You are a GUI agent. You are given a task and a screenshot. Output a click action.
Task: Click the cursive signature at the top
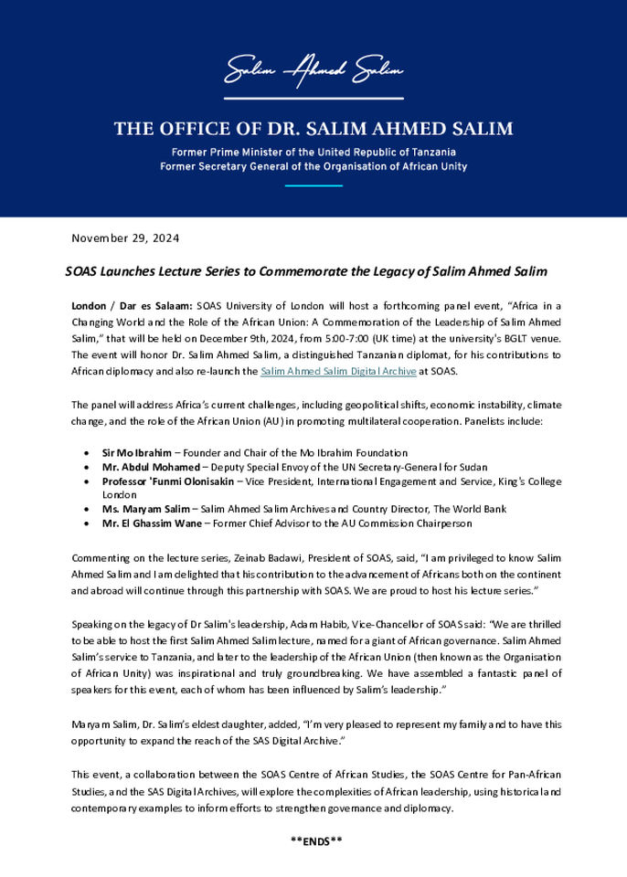[313, 70]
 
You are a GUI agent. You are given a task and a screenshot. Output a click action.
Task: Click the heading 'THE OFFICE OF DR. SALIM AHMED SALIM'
[313, 129]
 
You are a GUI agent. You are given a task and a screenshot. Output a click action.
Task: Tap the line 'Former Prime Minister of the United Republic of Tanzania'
[313, 152]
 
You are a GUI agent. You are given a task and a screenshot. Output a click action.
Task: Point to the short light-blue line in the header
[313, 185]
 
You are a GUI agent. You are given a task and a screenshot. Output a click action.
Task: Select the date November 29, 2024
[125, 238]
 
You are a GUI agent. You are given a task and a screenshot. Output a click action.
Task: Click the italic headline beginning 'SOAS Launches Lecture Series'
[306, 272]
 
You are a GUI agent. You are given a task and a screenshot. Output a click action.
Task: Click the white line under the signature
[313, 98]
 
